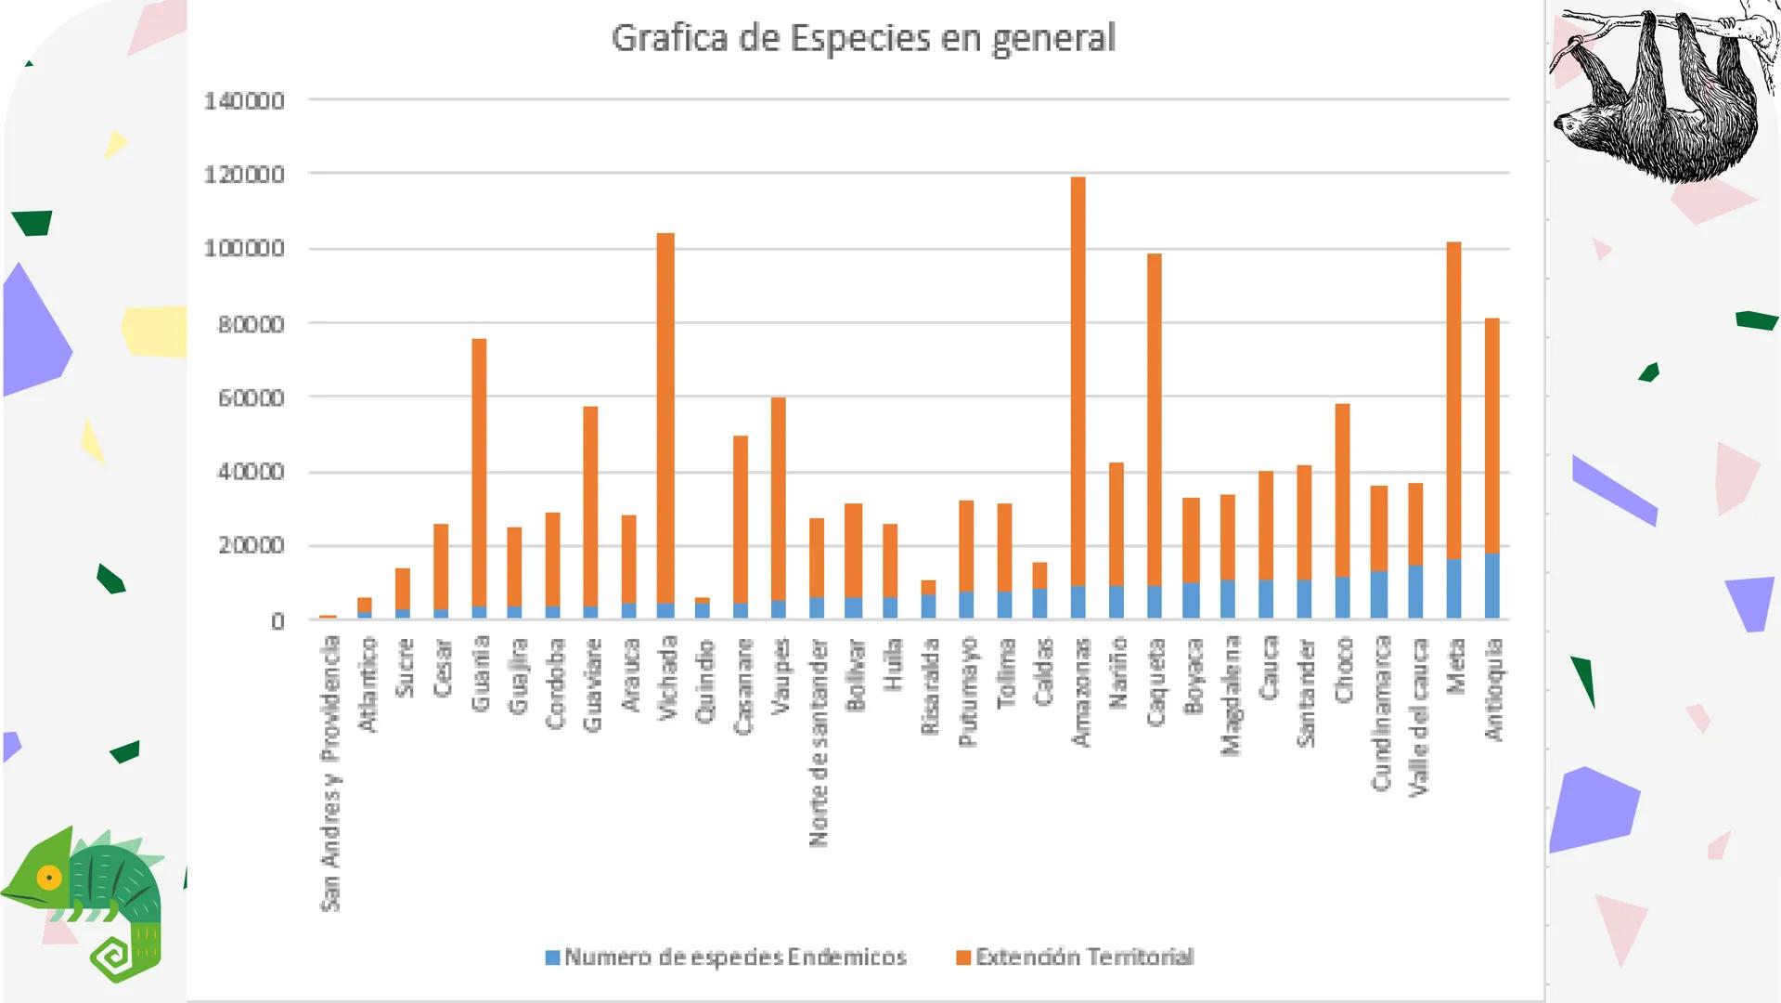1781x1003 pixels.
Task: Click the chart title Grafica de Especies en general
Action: [x=863, y=38]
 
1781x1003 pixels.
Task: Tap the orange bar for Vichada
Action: [x=665, y=418]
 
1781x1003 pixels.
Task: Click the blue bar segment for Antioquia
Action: [x=1491, y=586]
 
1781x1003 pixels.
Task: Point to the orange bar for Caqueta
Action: [x=1154, y=418]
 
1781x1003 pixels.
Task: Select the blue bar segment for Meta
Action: [x=1453, y=589]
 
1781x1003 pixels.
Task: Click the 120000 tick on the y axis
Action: [x=244, y=175]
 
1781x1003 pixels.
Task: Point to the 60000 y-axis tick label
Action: [x=251, y=397]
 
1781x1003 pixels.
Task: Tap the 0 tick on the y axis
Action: [x=277, y=621]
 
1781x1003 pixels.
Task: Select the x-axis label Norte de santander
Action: [x=818, y=742]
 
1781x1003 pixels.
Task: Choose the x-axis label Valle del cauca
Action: [x=1417, y=716]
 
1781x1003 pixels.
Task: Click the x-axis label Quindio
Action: [x=705, y=680]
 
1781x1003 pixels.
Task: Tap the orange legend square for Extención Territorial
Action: [x=963, y=957]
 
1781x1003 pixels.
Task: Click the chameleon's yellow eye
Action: [x=48, y=877]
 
